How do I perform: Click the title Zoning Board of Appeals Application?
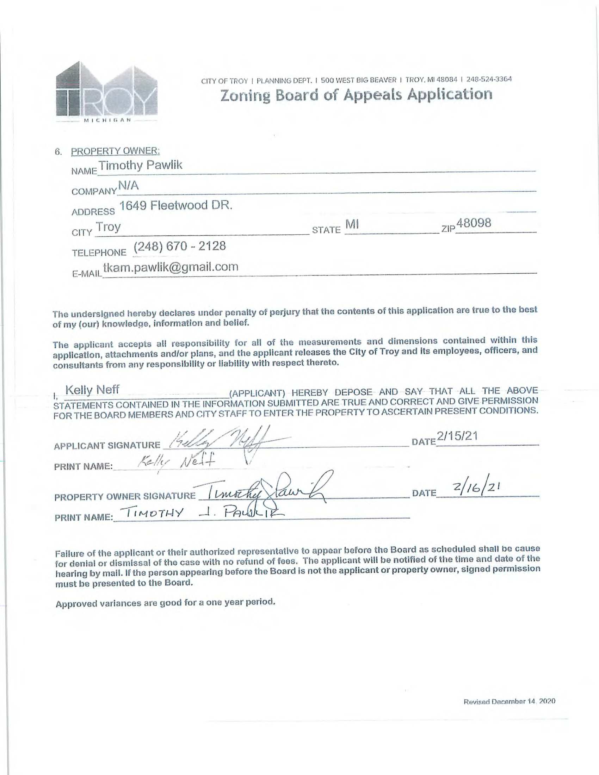(x=356, y=95)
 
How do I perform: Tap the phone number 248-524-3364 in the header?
(x=489, y=79)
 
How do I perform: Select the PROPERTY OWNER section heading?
(x=115, y=151)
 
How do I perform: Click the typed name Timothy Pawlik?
(x=141, y=165)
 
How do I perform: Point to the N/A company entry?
(x=128, y=186)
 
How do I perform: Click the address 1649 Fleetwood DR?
(x=175, y=205)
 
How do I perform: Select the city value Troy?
(x=109, y=227)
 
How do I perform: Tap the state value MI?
(x=353, y=224)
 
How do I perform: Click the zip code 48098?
(x=474, y=223)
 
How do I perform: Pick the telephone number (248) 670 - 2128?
(x=180, y=246)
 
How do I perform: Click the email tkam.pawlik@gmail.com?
(x=170, y=267)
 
